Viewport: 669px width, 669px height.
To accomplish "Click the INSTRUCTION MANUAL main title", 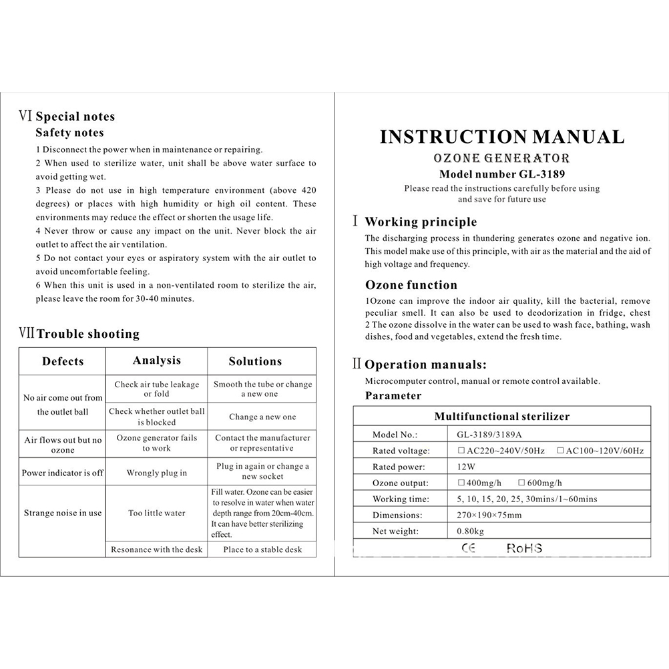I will click(x=502, y=137).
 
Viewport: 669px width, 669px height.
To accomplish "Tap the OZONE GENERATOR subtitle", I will click(x=502, y=159).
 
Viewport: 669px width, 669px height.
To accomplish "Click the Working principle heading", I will click(x=421, y=222).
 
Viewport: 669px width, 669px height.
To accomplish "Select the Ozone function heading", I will click(x=411, y=285).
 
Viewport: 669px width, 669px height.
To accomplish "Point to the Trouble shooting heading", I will click(x=88, y=334).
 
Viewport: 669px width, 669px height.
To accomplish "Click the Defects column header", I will click(x=63, y=362).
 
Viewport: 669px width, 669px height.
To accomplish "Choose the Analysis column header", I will click(x=157, y=361).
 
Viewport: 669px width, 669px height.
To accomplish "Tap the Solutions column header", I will click(x=255, y=361).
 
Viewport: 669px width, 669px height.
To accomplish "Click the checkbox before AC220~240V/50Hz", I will click(x=461, y=451).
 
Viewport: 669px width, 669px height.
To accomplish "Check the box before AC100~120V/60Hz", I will click(x=560, y=451).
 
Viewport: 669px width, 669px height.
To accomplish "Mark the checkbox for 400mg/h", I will click(x=461, y=483).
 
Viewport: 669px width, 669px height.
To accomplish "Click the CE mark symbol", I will click(x=469, y=548).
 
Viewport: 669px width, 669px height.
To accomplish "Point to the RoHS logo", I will click(x=524, y=548).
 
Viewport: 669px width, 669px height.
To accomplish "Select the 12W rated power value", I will click(x=467, y=467).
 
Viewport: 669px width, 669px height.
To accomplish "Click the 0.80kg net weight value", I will click(x=471, y=531).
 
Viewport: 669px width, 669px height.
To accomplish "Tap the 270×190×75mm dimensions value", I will click(x=489, y=515).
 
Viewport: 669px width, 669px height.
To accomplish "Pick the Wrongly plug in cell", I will click(x=157, y=473).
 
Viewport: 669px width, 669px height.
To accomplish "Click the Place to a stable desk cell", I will click(x=262, y=549).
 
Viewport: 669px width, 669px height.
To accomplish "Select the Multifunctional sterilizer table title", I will click(x=502, y=417).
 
